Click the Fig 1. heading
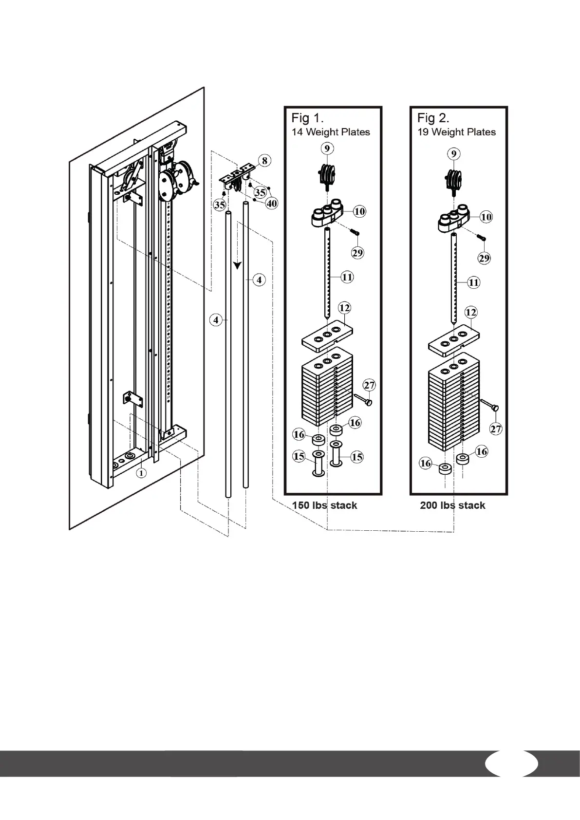pyautogui.click(x=307, y=118)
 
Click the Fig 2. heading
pyautogui.click(x=433, y=118)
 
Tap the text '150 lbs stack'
pyautogui.click(x=324, y=505)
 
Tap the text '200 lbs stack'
pyautogui.click(x=452, y=505)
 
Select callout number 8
pyautogui.click(x=264, y=160)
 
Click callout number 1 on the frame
pyautogui.click(x=141, y=472)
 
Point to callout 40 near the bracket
pyautogui.click(x=271, y=203)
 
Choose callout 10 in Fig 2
pyautogui.click(x=486, y=217)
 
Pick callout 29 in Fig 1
pyautogui.click(x=358, y=252)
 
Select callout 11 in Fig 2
pyautogui.click(x=473, y=282)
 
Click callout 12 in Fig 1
pyautogui.click(x=344, y=308)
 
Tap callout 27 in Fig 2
pyautogui.click(x=496, y=429)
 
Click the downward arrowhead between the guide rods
pyautogui.click(x=237, y=265)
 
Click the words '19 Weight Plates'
pyautogui.click(x=456, y=132)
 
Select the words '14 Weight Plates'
pyautogui.click(x=331, y=132)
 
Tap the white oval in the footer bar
pyautogui.click(x=511, y=764)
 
